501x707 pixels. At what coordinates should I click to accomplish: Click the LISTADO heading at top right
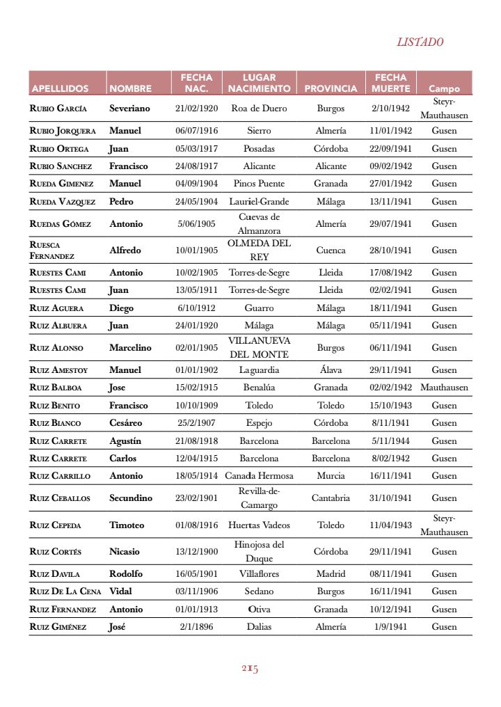click(420, 42)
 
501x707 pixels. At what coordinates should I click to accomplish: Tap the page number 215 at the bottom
click(250, 669)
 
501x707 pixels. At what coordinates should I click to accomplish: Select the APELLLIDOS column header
click(60, 89)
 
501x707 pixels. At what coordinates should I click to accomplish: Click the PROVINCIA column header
click(331, 89)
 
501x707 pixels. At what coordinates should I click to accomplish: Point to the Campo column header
click(444, 89)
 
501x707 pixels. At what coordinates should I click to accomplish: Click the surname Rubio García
click(58, 109)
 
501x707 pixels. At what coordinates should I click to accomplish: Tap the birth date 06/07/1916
click(196, 131)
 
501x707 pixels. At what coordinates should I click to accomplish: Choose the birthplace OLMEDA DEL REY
click(259, 250)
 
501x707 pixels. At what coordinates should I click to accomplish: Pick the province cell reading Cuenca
click(331, 250)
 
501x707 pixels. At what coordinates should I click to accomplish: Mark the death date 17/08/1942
click(390, 273)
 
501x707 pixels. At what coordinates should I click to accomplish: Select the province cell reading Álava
click(331, 370)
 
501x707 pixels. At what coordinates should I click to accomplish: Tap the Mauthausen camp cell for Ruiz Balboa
click(444, 388)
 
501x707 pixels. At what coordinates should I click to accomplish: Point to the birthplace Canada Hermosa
click(259, 476)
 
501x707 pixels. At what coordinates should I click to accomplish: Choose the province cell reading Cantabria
click(331, 498)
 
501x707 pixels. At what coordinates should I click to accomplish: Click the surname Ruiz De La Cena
click(65, 591)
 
